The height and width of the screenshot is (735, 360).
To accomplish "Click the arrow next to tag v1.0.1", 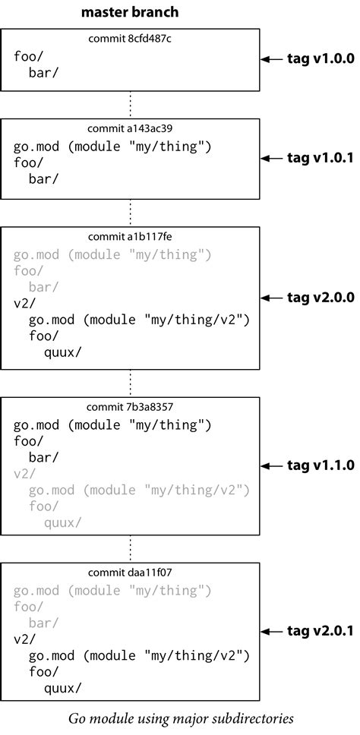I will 272,158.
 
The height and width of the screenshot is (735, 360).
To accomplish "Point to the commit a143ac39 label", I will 130,128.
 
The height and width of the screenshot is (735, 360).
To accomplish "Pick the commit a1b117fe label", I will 130,236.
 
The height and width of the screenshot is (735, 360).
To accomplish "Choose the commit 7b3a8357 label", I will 130,406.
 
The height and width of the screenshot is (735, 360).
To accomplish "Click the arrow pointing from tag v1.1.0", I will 272,465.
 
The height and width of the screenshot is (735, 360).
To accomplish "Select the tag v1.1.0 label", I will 320,465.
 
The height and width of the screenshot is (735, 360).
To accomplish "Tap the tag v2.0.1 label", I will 320,631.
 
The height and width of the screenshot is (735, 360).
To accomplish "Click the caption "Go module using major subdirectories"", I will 180,718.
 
